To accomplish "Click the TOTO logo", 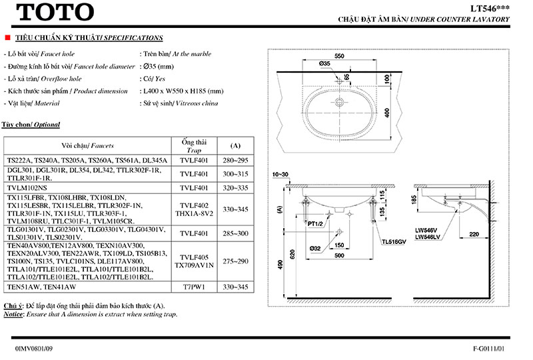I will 54,12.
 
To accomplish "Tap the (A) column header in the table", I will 235,145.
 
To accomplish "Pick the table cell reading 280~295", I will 235,161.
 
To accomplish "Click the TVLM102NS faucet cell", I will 31,188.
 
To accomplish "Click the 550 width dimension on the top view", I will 340,58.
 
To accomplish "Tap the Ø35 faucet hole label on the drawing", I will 324,64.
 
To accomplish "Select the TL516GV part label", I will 392,243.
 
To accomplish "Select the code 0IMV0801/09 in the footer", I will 33,349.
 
